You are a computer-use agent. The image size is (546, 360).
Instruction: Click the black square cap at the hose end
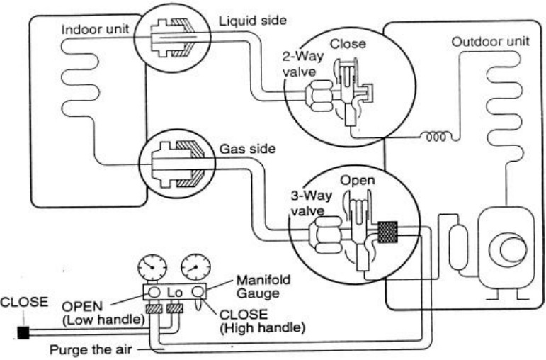point(23,331)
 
